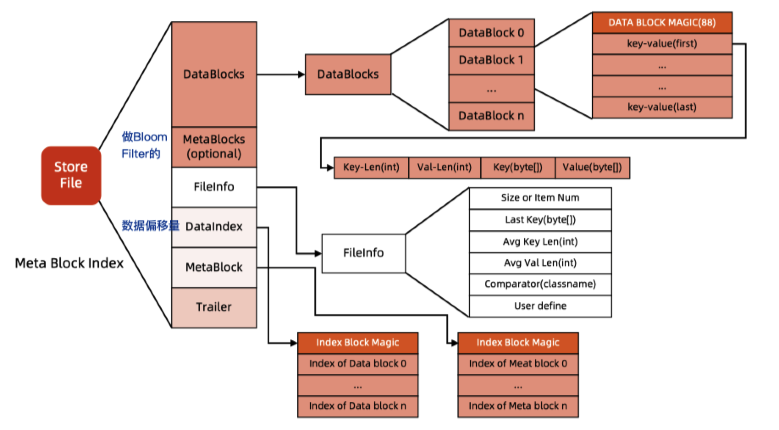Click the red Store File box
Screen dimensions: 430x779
[x=71, y=175]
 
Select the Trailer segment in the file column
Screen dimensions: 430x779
[x=214, y=307]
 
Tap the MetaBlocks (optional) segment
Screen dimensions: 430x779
[x=214, y=146]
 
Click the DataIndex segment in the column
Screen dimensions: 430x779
[x=214, y=227]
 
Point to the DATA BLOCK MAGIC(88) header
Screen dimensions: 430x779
[x=662, y=23]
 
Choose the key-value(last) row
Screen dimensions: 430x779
[x=662, y=107]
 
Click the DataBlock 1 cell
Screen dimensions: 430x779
[x=491, y=61]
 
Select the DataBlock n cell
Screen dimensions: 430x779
[x=491, y=116]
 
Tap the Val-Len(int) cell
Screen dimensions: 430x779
[x=445, y=168]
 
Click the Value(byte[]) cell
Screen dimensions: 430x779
[x=592, y=168]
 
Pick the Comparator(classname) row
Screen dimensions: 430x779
[x=540, y=284]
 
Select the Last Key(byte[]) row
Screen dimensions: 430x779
[x=540, y=220]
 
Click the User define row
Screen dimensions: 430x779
[x=540, y=306]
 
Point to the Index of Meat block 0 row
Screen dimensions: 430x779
[x=518, y=364]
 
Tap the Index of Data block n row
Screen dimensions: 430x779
[x=357, y=406]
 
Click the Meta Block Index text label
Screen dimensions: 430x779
[x=69, y=263]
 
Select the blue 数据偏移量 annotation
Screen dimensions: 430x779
[x=150, y=226]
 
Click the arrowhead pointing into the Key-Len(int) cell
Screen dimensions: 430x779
[x=331, y=168]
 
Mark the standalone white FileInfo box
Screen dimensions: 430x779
[x=363, y=253]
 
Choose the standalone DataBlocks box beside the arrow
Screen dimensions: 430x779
[x=348, y=74]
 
